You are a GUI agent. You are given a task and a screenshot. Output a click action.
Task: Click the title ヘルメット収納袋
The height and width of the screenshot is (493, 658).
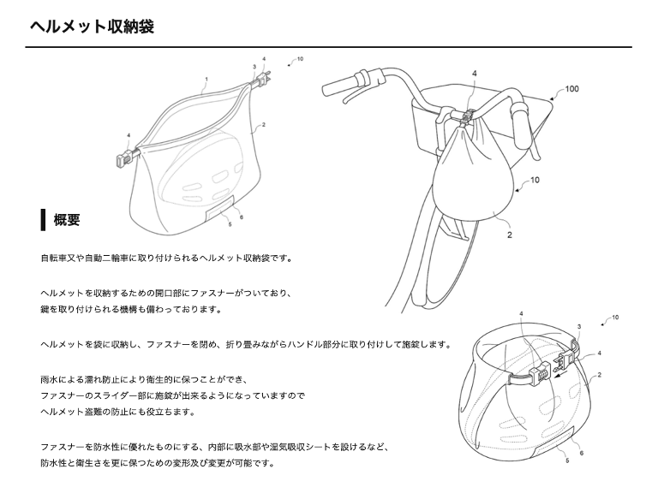(93, 27)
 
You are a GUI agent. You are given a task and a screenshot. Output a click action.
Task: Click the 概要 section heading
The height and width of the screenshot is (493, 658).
(67, 219)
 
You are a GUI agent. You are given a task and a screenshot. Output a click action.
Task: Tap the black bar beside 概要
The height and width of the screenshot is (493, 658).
(43, 219)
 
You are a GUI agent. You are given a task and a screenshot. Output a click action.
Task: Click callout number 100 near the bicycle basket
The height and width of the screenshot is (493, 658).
(571, 89)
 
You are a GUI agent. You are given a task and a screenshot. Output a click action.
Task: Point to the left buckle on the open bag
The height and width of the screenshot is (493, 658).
(124, 157)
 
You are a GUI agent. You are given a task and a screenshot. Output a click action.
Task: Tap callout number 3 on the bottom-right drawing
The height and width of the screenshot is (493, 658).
(579, 327)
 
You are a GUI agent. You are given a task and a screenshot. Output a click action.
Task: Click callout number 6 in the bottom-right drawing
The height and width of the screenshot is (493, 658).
(582, 453)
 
